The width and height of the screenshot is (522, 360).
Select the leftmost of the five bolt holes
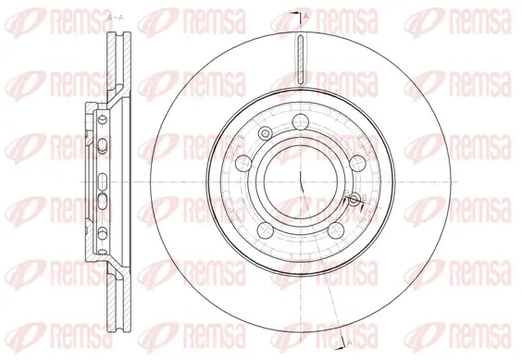pos(242,164)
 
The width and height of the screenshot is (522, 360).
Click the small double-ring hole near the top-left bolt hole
pos(266,136)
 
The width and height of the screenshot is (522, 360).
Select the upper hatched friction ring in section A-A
pos(117,65)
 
